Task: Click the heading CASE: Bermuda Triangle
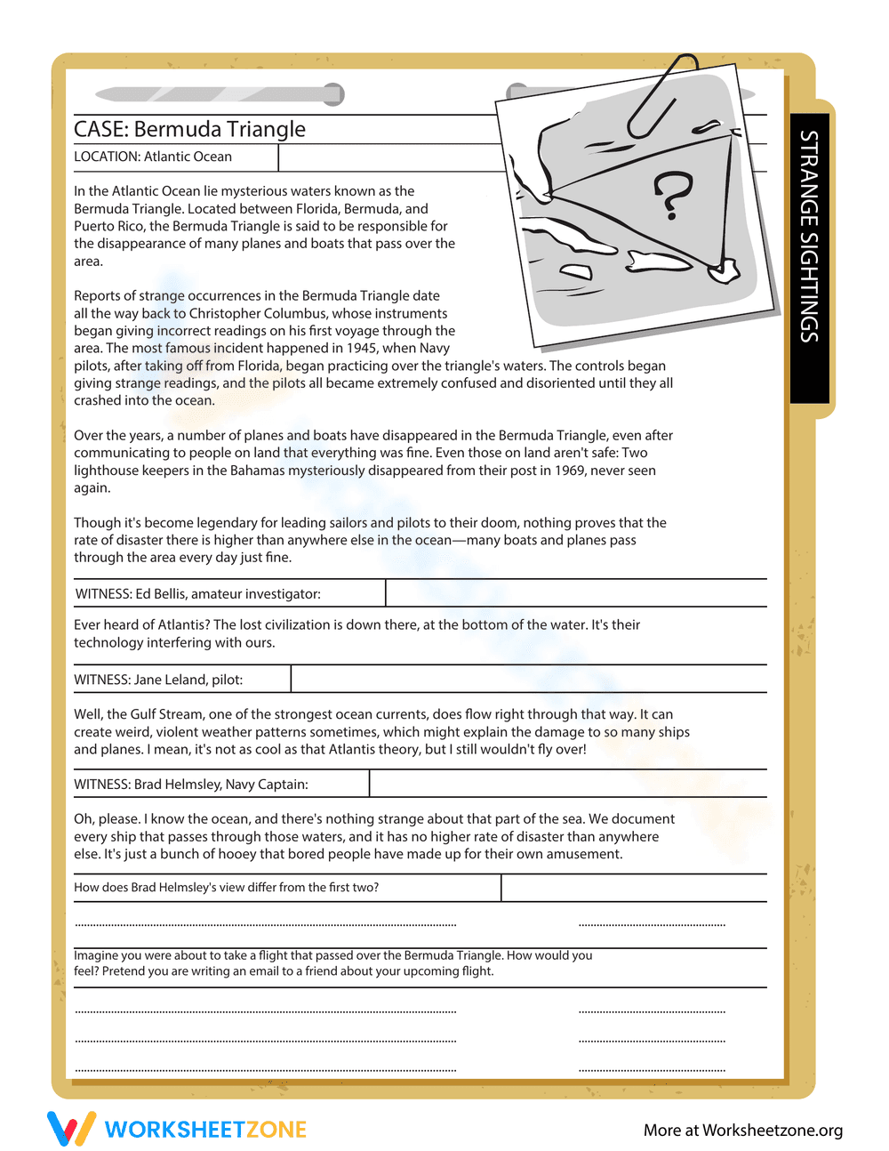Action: (189, 130)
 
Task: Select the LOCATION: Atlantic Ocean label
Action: (153, 157)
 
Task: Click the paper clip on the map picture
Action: (661, 96)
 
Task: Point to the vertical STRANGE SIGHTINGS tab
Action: (809, 237)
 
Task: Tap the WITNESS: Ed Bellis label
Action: (197, 594)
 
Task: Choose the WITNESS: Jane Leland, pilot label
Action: (158, 680)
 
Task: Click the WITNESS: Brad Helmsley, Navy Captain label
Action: (191, 785)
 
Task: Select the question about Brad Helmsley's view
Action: (226, 888)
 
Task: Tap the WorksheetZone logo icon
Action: (70, 1129)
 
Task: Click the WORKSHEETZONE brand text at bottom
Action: (205, 1130)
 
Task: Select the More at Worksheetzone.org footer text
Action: (743, 1131)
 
